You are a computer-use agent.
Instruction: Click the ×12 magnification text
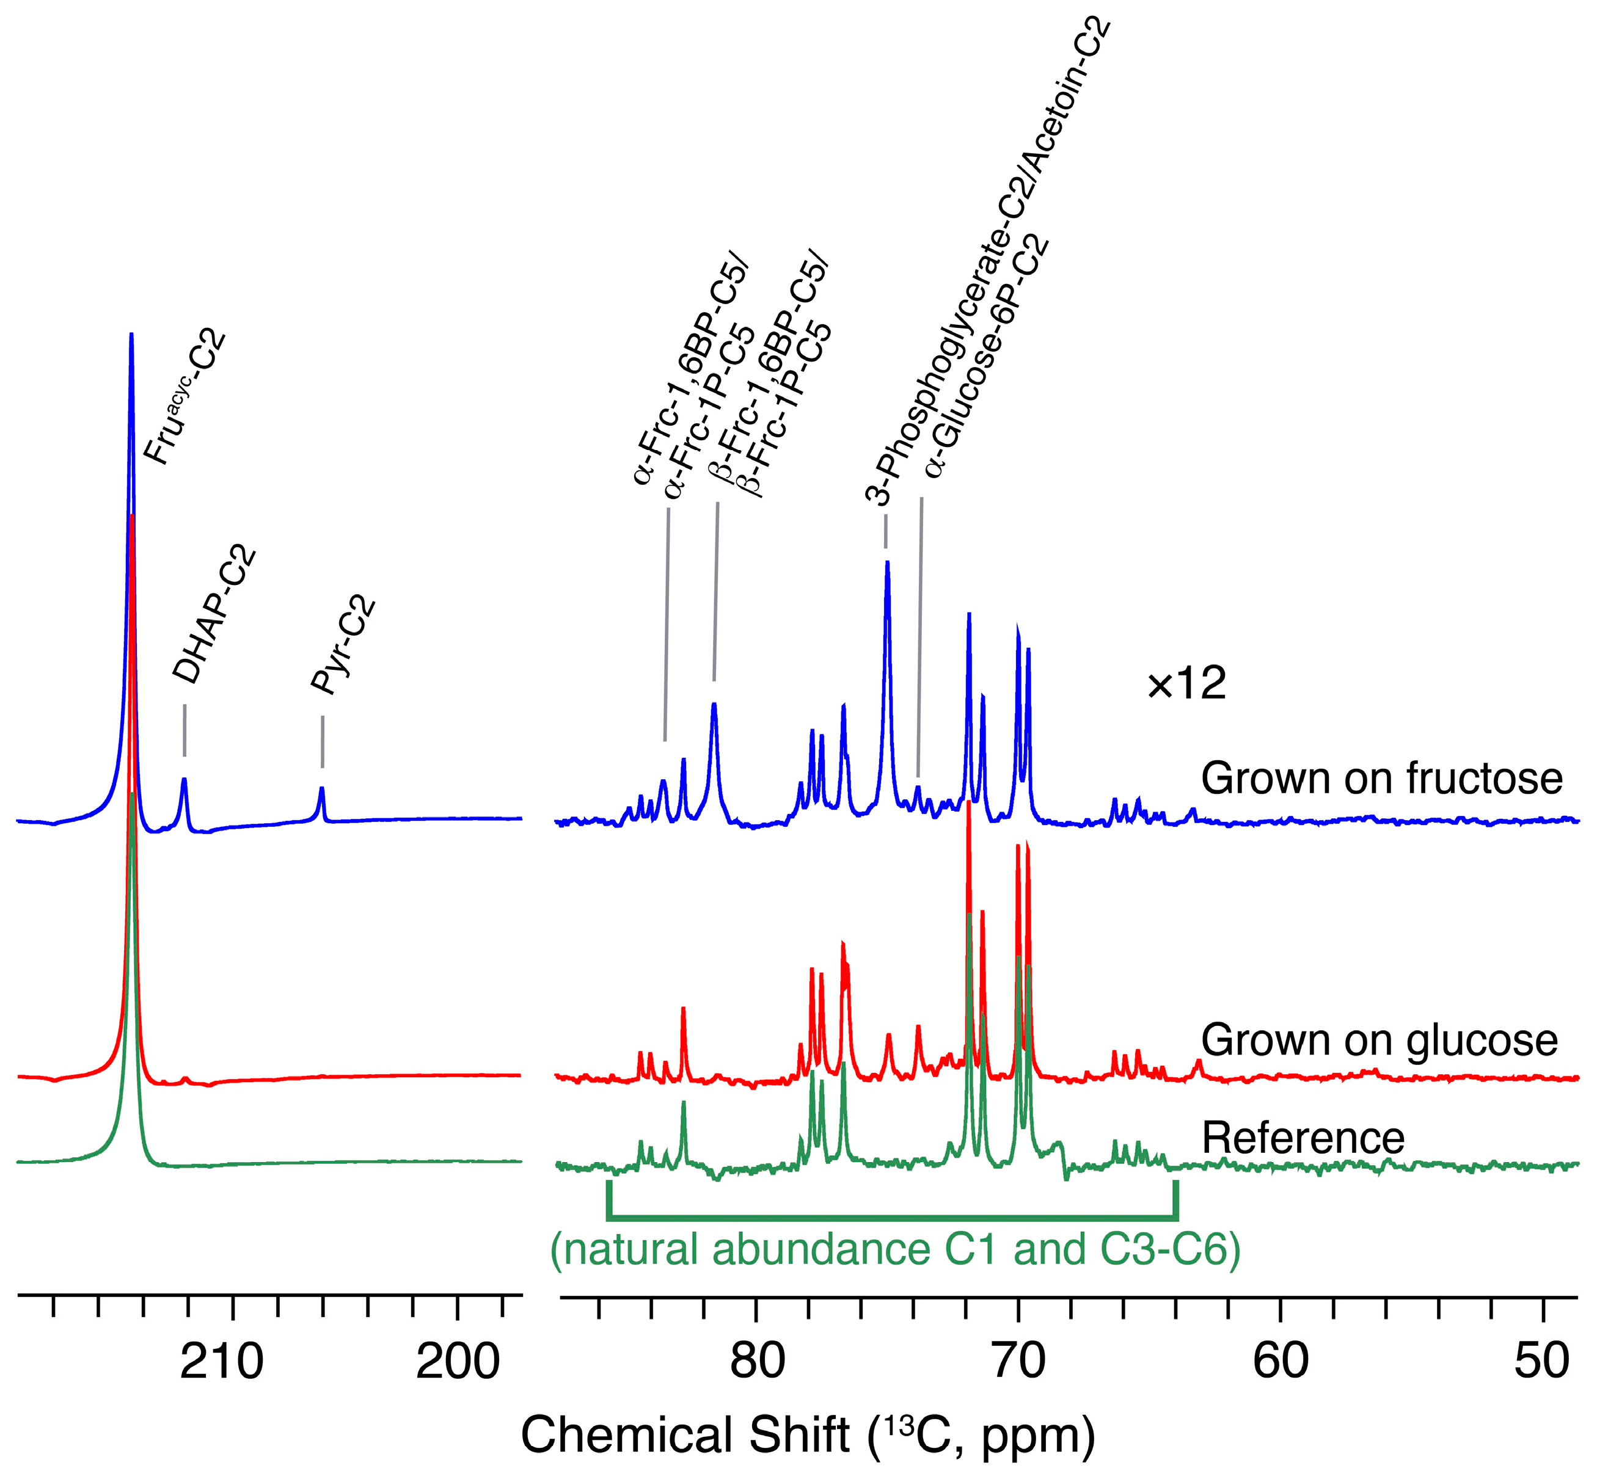[1186, 685]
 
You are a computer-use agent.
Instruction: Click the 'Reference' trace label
[1303, 1137]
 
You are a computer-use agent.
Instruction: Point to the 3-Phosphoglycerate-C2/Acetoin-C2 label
[988, 264]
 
